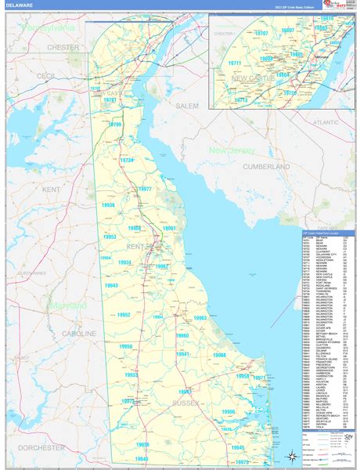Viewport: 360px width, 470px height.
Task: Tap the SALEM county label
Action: [188, 105]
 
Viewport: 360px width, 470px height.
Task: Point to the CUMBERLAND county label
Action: [265, 167]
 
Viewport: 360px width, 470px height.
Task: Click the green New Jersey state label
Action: [232, 150]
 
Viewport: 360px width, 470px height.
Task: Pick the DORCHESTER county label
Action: [41, 447]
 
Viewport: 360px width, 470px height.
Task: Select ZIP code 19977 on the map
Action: [145, 190]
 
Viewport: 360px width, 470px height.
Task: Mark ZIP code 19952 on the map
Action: [123, 314]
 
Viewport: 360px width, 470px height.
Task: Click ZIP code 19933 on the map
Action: [131, 375]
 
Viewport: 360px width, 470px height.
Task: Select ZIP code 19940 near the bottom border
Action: [142, 458]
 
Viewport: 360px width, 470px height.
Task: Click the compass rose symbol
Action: [291, 455]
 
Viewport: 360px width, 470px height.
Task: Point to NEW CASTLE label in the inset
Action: [252, 79]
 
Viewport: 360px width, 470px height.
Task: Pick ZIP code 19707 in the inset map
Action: [260, 34]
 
